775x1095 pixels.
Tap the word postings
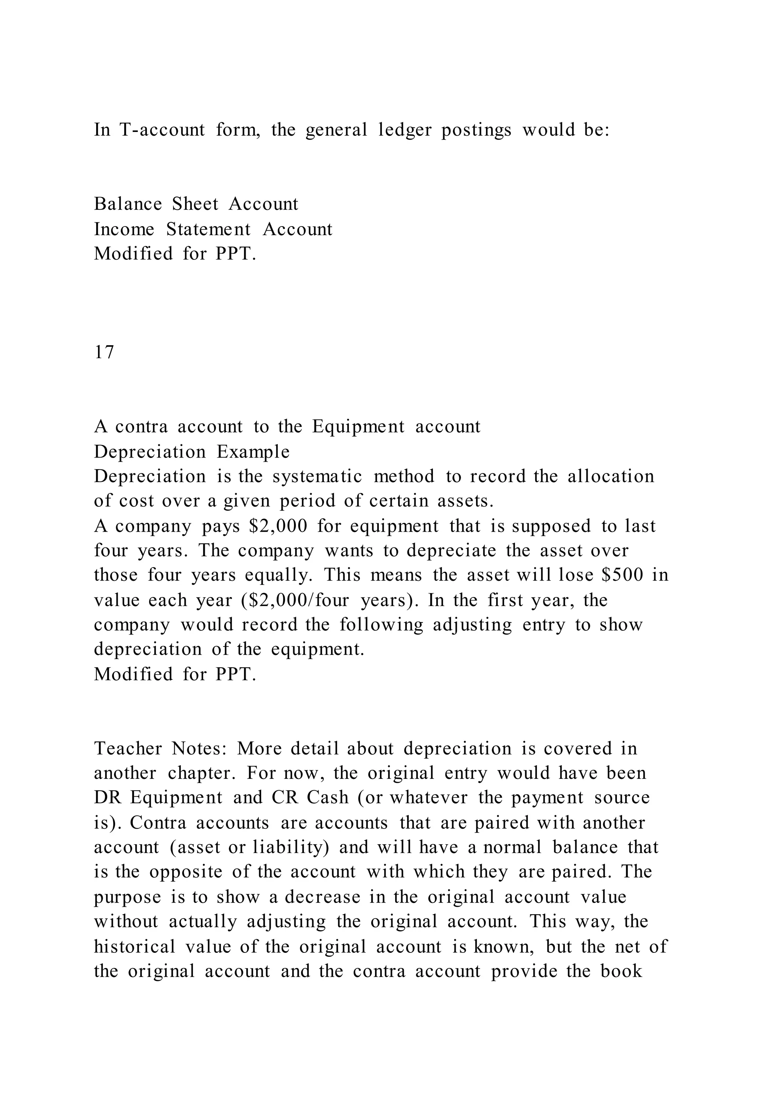point(476,130)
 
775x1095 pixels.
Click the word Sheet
point(195,204)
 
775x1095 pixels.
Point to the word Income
point(124,230)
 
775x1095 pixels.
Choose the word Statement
point(208,230)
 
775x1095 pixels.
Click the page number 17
point(104,352)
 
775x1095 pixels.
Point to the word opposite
point(186,872)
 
